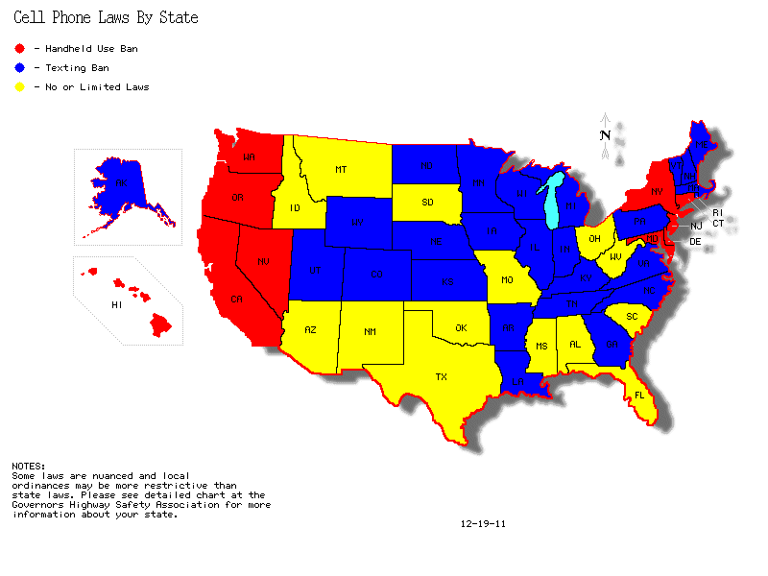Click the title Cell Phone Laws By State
107,17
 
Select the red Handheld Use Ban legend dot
20,48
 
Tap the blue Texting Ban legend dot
20,68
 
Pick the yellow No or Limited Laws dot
20,87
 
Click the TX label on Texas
442,376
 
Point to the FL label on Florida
637,395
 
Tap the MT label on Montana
341,170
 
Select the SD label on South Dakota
428,203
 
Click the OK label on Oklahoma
461,328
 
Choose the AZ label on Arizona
310,329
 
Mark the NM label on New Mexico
370,331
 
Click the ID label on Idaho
296,208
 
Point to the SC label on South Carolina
632,316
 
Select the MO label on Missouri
506,280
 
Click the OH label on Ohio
595,238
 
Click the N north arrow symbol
606,135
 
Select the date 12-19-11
483,524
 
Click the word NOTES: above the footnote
28,467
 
